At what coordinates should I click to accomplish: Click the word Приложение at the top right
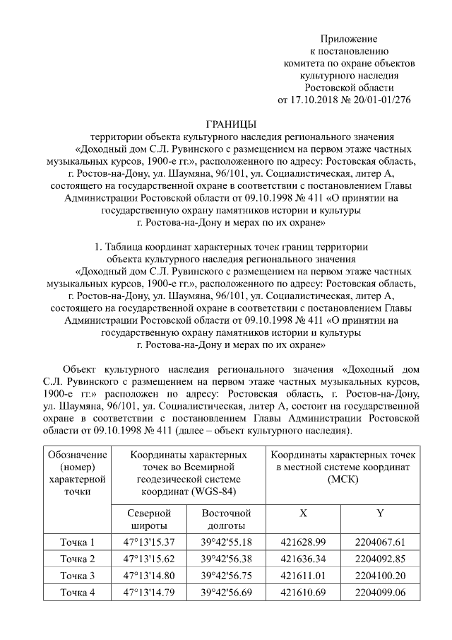click(348, 37)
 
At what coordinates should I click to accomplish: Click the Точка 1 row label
click(77, 542)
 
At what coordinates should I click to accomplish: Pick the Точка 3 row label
click(77, 575)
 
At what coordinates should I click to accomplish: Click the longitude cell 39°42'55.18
click(226, 542)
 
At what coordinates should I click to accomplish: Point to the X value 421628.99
click(303, 542)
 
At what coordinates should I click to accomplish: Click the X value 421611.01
click(303, 575)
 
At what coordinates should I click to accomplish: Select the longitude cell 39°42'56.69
click(226, 591)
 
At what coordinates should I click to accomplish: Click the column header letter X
click(303, 513)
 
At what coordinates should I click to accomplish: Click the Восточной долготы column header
click(226, 518)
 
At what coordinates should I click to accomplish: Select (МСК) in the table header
click(344, 479)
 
